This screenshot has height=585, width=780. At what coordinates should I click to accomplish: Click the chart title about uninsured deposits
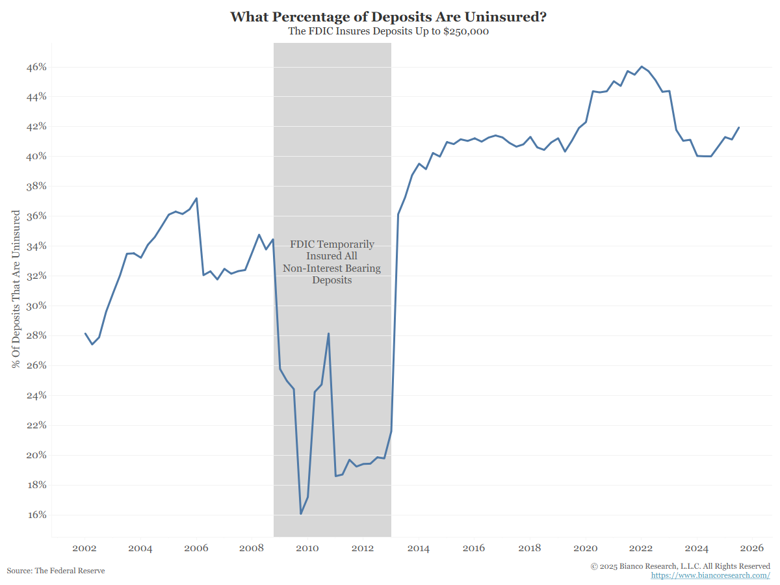(388, 17)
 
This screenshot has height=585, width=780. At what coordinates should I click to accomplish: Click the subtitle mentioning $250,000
(388, 31)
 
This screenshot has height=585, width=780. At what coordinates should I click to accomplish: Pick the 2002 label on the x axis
(84, 549)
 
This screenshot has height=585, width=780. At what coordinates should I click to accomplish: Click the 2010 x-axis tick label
(307, 549)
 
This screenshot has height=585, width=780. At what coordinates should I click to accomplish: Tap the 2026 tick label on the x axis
(752, 549)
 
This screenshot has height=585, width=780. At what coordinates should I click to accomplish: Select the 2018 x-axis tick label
(530, 549)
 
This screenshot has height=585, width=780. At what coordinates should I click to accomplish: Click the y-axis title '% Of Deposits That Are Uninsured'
(16, 289)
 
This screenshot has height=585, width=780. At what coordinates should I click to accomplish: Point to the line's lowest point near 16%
(301, 513)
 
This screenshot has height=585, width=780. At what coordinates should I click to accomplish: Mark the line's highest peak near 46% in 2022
(642, 66)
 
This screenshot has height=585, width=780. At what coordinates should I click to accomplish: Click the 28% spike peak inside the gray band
(328, 334)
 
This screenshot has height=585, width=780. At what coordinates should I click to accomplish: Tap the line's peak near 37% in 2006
(196, 198)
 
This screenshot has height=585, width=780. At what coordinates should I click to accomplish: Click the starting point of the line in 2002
(85, 333)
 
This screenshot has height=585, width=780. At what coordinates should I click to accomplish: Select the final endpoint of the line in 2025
(739, 128)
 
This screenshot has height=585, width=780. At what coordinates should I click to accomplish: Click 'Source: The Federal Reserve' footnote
(56, 571)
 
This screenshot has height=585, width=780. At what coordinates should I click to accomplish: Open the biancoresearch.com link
(710, 576)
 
